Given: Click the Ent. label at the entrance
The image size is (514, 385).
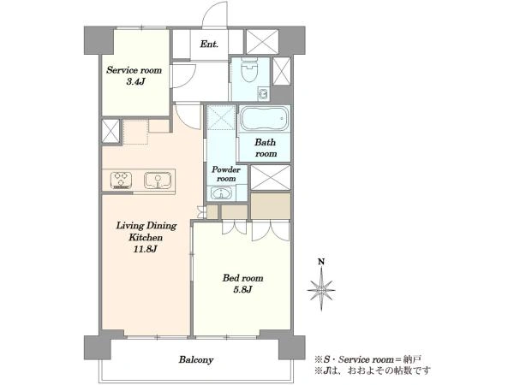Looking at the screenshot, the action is click(x=209, y=44).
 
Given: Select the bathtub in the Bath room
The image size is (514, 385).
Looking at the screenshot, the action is click(x=265, y=119).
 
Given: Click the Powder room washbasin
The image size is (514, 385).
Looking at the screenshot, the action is click(x=222, y=193).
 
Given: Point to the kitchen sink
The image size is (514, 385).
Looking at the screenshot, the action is click(x=158, y=181).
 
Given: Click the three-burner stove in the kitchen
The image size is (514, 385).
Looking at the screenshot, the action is click(x=122, y=181).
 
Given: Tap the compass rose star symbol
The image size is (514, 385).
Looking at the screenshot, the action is click(x=321, y=289).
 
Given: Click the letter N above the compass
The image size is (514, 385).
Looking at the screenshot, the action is click(x=321, y=262).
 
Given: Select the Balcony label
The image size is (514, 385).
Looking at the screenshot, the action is click(x=196, y=360).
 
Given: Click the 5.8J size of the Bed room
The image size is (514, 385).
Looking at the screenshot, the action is click(x=242, y=289).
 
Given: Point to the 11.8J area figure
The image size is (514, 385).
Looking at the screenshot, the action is click(x=146, y=249).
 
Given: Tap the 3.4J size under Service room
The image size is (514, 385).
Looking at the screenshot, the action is click(x=135, y=81).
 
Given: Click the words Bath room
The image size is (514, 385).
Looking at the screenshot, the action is click(x=266, y=148).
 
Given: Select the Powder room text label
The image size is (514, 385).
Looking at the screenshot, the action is click(x=226, y=174).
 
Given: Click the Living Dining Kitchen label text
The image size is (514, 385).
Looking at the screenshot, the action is click(x=146, y=231).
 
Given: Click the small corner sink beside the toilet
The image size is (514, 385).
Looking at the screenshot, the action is click(x=263, y=94).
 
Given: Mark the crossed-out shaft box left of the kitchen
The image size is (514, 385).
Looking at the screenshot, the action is click(x=111, y=131).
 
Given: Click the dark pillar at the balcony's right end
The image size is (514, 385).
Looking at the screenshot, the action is click(x=292, y=347).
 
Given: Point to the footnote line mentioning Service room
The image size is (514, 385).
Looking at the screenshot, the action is click(x=368, y=359).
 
